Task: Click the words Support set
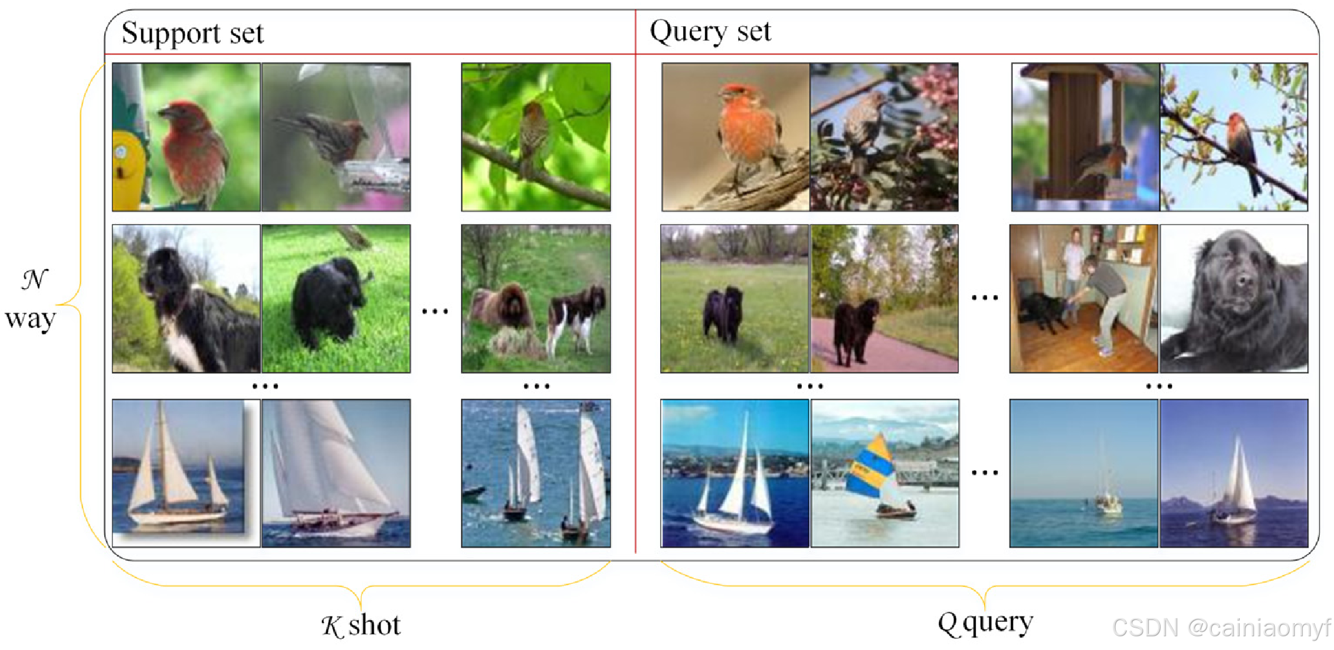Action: pos(192,32)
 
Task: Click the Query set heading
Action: pos(710,31)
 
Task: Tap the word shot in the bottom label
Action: pos(374,625)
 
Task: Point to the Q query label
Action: pos(985,623)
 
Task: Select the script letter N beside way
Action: pos(34,279)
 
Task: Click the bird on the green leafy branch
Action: pos(533,134)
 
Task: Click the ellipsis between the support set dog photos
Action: pos(435,310)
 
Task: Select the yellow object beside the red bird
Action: pos(128,169)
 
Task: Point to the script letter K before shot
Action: pos(332,626)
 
